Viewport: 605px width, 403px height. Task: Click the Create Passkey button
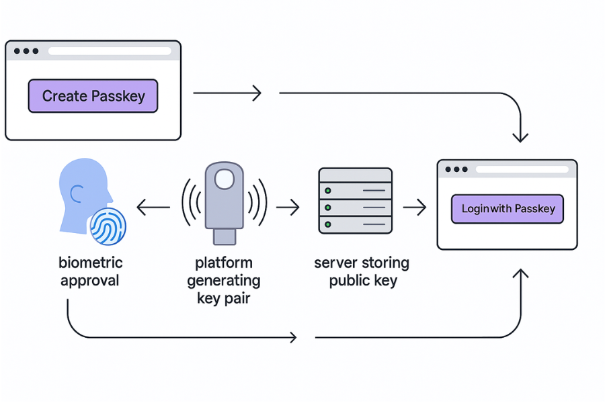pyautogui.click(x=93, y=96)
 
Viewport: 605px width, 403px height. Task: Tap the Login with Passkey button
pyautogui.click(x=508, y=209)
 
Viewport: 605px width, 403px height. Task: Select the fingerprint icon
pyautogui.click(x=108, y=226)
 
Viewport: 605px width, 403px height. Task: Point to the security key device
pyautogui.click(x=225, y=201)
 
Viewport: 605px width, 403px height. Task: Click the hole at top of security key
pyautogui.click(x=225, y=179)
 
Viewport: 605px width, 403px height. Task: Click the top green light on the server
pyautogui.click(x=328, y=191)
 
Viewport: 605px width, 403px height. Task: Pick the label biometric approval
pyautogui.click(x=91, y=271)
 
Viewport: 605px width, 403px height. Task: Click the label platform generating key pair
pyautogui.click(x=224, y=279)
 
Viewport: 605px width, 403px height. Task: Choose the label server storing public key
pyautogui.click(x=362, y=271)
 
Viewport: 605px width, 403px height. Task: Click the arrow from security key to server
pyautogui.click(x=288, y=208)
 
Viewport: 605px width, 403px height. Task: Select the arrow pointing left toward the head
pyautogui.click(x=153, y=208)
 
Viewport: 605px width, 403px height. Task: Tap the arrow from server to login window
pyautogui.click(x=414, y=208)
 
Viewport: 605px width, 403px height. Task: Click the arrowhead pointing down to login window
pyautogui.click(x=521, y=137)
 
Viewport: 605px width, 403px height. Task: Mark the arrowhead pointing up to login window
pyautogui.click(x=521, y=274)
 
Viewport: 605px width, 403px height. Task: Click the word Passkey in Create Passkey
pyautogui.click(x=118, y=96)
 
